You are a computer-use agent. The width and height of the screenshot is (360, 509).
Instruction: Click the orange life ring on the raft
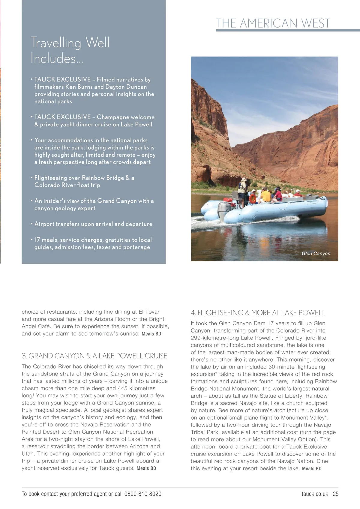tap(253, 198)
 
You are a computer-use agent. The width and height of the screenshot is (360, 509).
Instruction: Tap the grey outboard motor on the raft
tap(223, 209)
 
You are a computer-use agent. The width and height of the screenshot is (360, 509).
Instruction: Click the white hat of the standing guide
tap(244, 179)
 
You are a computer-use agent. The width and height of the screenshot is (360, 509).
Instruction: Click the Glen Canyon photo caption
tap(316, 254)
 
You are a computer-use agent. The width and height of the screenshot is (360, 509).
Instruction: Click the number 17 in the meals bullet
tap(37, 240)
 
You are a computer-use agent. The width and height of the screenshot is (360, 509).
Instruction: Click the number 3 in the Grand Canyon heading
tap(24, 356)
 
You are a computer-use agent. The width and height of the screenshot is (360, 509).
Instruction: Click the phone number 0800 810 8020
tap(142, 494)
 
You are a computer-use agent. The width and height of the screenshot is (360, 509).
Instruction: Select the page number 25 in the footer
tap(335, 494)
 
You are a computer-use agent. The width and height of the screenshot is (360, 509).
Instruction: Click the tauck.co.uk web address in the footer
tap(315, 494)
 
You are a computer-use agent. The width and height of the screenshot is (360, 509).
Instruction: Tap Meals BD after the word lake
tap(312, 469)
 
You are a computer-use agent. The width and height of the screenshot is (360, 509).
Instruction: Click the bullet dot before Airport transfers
tap(31, 224)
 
